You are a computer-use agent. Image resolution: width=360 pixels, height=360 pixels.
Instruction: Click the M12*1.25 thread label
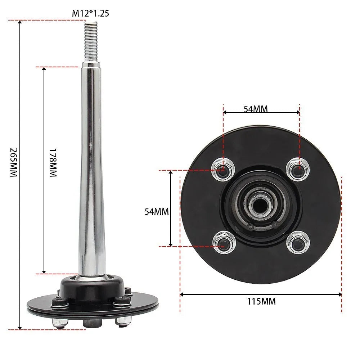click(x=90, y=14)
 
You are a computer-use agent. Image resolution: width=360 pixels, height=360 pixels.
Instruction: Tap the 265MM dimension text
click(x=13, y=162)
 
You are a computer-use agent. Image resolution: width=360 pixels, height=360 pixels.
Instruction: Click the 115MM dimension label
click(x=261, y=301)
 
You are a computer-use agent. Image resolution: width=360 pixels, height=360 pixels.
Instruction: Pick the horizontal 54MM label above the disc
click(x=256, y=109)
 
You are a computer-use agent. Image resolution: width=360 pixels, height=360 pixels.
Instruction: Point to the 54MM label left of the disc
click(x=157, y=211)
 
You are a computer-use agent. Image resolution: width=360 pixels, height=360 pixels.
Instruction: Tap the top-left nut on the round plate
click(x=223, y=168)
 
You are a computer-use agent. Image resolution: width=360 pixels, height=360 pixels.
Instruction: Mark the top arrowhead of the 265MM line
click(x=20, y=23)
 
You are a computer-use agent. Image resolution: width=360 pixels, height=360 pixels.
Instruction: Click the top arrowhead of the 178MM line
click(x=44, y=69)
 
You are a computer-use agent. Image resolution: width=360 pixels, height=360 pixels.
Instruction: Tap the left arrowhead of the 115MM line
click(x=182, y=294)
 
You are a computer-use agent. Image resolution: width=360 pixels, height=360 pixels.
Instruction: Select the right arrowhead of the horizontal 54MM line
click(x=298, y=112)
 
